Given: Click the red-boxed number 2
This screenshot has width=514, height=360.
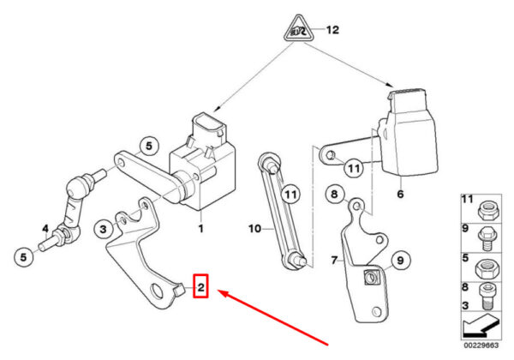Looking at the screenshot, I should pos(200,286).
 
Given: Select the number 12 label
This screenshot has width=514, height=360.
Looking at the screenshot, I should pos(332,30).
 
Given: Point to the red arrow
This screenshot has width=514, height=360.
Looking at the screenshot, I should pos(274,317).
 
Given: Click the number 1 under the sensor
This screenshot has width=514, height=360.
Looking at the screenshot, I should pos(201,229).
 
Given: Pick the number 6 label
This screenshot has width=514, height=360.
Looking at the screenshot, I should pos(399,195).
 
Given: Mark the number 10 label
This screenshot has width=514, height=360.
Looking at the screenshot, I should pos(253,229).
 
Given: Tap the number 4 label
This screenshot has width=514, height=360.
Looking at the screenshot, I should pos(45,228).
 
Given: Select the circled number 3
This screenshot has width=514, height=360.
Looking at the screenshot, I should pos(103,228).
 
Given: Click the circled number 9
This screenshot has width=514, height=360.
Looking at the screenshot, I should pos(397,260).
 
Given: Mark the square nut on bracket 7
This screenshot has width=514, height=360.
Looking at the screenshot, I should pos(369,275).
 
